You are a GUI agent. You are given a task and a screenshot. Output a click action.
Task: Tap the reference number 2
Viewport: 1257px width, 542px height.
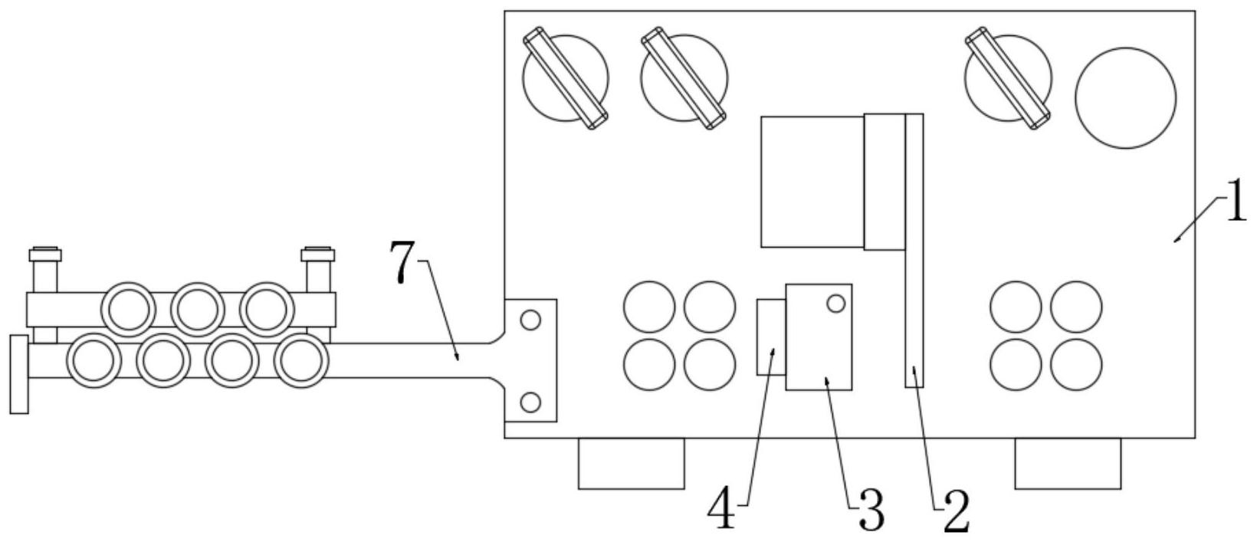pyautogui.click(x=956, y=511)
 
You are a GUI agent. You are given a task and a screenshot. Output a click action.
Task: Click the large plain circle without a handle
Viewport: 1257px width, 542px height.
pyautogui.click(x=1125, y=97)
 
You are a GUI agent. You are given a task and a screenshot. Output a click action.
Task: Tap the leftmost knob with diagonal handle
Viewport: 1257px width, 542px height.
pyautogui.click(x=566, y=78)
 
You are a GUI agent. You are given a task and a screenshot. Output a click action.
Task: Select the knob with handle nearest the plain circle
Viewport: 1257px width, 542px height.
pyautogui.click(x=1008, y=78)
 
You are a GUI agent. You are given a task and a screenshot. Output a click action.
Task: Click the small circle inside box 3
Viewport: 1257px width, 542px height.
pyautogui.click(x=836, y=304)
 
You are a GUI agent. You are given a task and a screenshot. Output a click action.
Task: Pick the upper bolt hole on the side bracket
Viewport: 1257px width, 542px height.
pyautogui.click(x=530, y=320)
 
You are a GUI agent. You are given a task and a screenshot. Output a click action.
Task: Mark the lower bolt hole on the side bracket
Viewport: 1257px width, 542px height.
pyautogui.click(x=530, y=401)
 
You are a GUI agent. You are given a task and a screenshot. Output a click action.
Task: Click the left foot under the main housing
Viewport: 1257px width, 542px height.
pyautogui.click(x=631, y=463)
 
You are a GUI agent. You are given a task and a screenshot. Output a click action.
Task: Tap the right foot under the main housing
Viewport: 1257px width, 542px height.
pyautogui.click(x=1067, y=463)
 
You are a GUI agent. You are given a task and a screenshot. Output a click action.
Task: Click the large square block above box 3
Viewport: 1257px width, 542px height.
pyautogui.click(x=812, y=182)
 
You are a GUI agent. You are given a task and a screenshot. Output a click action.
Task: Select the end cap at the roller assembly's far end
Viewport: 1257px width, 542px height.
pyautogui.click(x=19, y=374)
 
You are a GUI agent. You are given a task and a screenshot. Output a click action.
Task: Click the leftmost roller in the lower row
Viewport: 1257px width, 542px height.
pyautogui.click(x=94, y=361)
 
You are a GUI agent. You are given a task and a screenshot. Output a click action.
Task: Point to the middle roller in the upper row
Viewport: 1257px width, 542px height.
pyautogui.click(x=198, y=309)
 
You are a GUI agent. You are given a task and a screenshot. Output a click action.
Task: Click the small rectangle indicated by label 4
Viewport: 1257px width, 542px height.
pyautogui.click(x=771, y=337)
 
